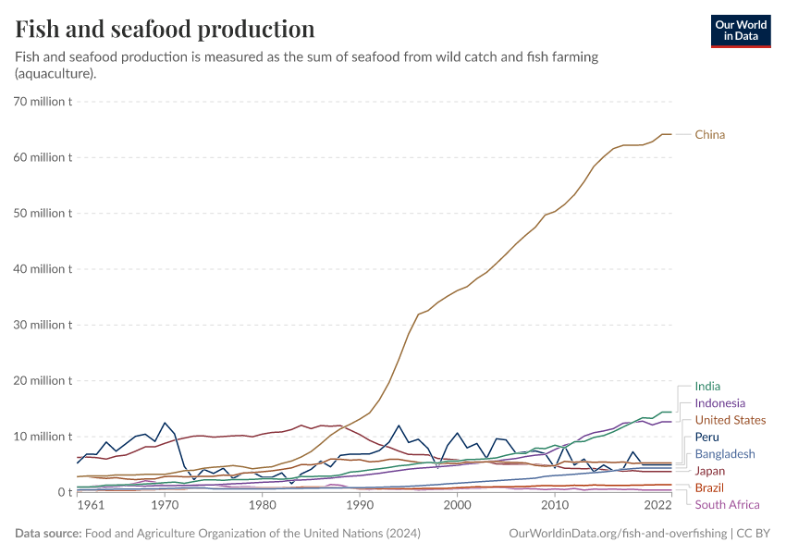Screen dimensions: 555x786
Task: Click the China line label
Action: (710, 135)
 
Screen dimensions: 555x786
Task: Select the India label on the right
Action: (707, 387)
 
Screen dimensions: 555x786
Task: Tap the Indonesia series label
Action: (720, 403)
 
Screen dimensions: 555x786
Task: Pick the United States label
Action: (731, 420)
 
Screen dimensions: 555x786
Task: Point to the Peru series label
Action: (707, 437)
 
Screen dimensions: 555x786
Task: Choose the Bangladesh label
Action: (725, 454)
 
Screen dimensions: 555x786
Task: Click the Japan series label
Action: (710, 471)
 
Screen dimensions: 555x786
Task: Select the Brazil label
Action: (709, 487)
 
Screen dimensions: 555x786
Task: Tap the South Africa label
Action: (727, 504)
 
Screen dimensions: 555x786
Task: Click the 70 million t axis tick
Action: (43, 101)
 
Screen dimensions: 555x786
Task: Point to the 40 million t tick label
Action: (43, 269)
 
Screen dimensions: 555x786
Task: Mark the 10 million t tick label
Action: (43, 437)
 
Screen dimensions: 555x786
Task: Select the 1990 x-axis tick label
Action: (360, 506)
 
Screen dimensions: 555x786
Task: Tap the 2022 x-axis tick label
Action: (658, 506)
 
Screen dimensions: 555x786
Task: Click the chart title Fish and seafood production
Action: (165, 29)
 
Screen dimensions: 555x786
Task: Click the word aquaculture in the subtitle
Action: (55, 73)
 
